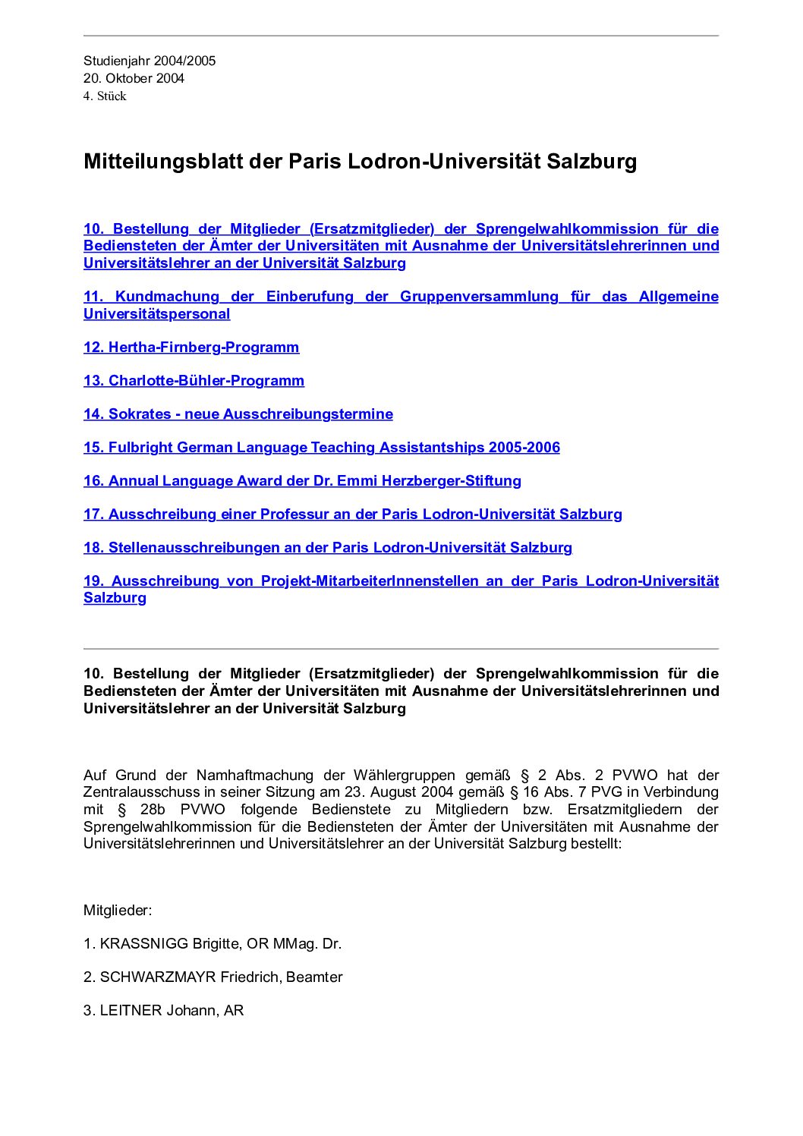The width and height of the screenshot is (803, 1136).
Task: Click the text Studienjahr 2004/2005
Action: coord(150,61)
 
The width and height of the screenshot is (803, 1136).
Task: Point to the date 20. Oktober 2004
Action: coord(134,78)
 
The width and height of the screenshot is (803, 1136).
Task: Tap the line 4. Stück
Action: coord(105,96)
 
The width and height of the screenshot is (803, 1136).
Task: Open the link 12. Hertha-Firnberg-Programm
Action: coord(191,348)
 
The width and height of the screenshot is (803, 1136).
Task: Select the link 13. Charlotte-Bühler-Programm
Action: coord(194,381)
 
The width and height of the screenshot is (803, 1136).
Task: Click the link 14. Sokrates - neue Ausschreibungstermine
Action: coord(238,414)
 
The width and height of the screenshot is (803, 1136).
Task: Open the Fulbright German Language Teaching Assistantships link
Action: coord(322,448)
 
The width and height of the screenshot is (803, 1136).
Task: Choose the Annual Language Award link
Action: coord(302,481)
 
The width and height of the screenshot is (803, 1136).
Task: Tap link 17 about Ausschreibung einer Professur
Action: coord(353,515)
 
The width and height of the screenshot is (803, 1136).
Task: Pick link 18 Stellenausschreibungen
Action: coord(328,548)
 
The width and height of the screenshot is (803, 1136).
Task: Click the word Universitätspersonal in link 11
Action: coord(156,314)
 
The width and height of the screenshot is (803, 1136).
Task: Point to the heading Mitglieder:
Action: coord(118,911)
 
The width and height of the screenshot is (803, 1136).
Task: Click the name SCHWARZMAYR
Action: coord(158,977)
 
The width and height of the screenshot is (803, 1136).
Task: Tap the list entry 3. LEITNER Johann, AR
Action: coord(163,1011)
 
